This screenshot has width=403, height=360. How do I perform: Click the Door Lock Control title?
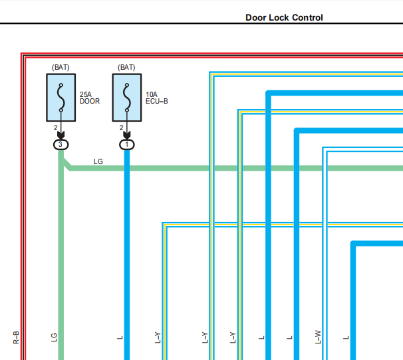coord(284,17)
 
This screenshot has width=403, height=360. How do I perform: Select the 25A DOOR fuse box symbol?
coord(61,98)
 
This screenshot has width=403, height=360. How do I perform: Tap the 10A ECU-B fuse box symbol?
coord(127,98)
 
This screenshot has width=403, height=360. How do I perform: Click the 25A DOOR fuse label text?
coord(89,98)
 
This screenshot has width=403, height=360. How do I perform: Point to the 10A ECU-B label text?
coord(156,98)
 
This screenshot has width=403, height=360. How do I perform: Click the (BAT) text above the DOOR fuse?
coord(61,67)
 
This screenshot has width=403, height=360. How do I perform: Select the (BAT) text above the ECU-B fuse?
coord(126,67)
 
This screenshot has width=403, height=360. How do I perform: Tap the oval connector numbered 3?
coord(61,145)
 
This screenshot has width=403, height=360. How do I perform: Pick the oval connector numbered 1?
coord(127,145)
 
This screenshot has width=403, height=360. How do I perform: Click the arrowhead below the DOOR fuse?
coord(61,135)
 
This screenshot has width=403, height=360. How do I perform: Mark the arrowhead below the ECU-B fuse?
coord(127,135)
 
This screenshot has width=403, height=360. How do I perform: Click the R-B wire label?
coord(16,337)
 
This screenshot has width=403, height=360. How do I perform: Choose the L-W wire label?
coord(318,337)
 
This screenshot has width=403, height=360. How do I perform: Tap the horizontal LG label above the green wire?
coord(98,161)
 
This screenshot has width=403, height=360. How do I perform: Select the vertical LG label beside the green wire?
coord(54,337)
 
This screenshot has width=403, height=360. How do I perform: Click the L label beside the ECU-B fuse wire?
coord(120,337)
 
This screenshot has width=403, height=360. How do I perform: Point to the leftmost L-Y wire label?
coord(158,337)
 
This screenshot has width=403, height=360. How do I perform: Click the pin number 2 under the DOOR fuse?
coord(55,128)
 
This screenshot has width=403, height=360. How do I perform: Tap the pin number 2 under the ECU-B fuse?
coord(121,128)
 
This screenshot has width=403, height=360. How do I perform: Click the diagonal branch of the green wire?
coord(67,164)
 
